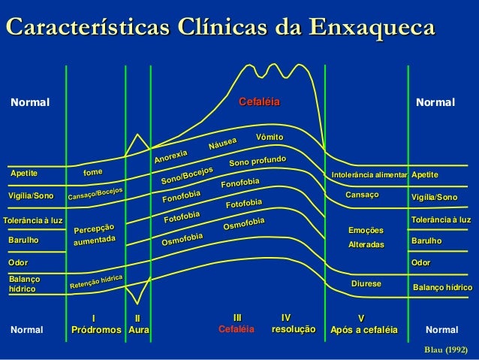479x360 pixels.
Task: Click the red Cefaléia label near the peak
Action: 259,101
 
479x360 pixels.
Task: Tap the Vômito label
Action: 269,137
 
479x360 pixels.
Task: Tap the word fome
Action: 93,172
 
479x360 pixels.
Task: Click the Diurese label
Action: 366,283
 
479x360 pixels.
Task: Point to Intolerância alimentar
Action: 369,175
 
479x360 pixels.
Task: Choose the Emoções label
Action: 366,230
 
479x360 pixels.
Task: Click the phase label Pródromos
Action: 95,329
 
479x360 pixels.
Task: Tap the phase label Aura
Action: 137,329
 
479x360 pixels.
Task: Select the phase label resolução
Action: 293,329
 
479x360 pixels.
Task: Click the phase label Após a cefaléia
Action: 364,329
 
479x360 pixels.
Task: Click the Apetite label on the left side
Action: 24,174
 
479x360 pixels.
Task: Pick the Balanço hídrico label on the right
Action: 442,288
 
